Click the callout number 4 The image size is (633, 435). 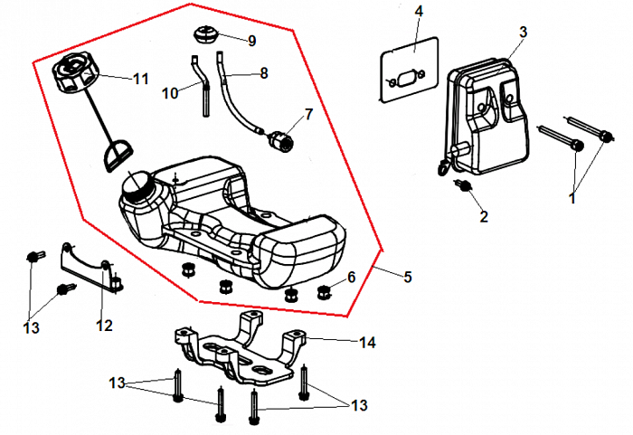click(419, 11)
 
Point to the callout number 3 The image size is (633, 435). click(523, 33)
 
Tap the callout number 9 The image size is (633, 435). click(252, 41)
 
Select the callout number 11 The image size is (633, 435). click(140, 79)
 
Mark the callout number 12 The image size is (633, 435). click(105, 325)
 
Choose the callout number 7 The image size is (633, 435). click(307, 115)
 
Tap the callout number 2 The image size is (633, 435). click(484, 217)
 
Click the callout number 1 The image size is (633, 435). click(572, 194)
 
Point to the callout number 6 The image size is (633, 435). click(352, 277)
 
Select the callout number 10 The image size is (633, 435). click(172, 91)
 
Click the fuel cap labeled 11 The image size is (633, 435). click(77, 73)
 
